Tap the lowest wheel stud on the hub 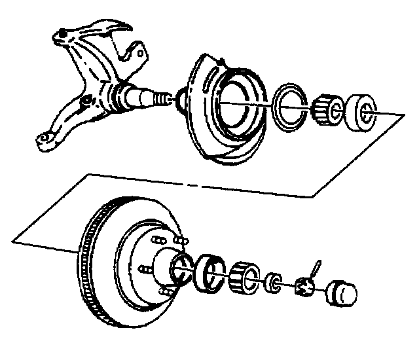point(165,289)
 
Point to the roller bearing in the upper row point(325,108)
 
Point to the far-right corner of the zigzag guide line point(401,115)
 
